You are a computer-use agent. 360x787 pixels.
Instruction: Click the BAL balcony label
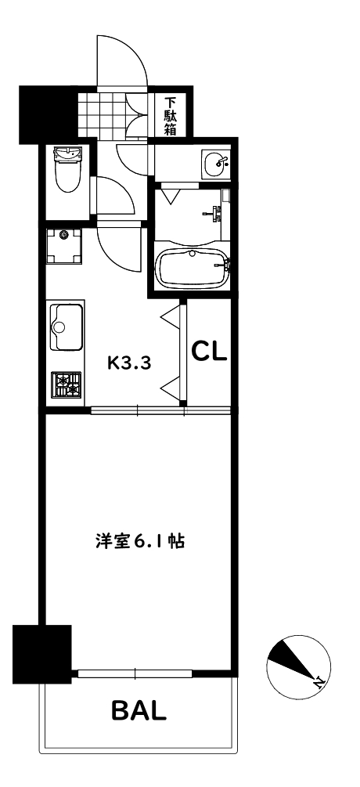pos(139,711)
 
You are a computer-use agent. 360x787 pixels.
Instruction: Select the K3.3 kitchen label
pos(128,362)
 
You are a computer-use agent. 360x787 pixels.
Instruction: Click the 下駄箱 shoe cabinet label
pos(170,115)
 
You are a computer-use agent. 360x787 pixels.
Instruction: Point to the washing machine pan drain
pos(65,233)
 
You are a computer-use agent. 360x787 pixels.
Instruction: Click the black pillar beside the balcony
pos(42,652)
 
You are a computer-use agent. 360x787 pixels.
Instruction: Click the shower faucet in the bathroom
pos(215,210)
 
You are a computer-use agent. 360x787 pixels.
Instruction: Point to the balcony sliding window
pos(135,672)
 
